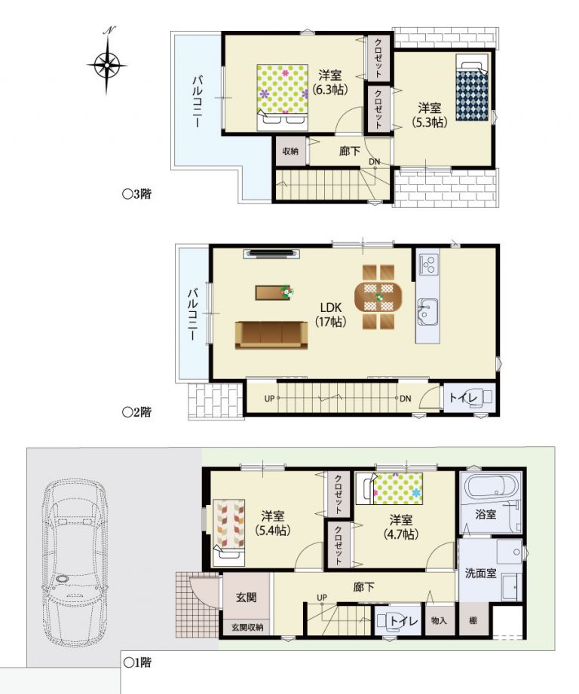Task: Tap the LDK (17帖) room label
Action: pyautogui.click(x=330, y=314)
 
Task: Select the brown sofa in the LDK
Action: pyautogui.click(x=271, y=335)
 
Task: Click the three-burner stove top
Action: pyautogui.click(x=428, y=264)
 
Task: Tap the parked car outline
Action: pyautogui.click(x=75, y=564)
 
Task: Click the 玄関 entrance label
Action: pyautogui.click(x=246, y=597)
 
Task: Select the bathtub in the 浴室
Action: pyautogui.click(x=491, y=487)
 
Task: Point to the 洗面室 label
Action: pyautogui.click(x=481, y=573)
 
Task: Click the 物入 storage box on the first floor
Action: pyautogui.click(x=439, y=620)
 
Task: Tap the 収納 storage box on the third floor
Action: pyautogui.click(x=290, y=151)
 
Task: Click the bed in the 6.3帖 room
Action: pyautogui.click(x=283, y=97)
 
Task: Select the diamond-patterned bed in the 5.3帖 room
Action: pyautogui.click(x=472, y=87)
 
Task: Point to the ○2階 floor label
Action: pyautogui.click(x=137, y=412)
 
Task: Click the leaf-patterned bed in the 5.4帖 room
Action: pyautogui.click(x=228, y=533)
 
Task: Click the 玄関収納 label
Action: pyautogui.click(x=247, y=627)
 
